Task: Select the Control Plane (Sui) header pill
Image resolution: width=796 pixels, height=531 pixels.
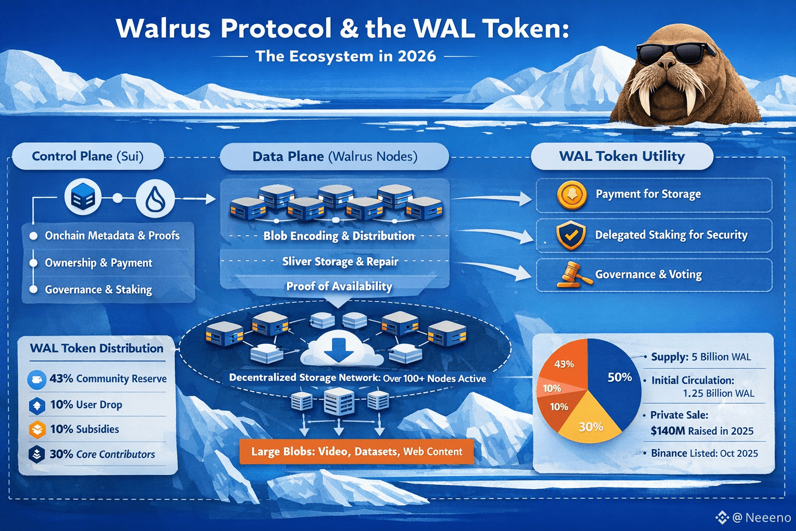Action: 88,157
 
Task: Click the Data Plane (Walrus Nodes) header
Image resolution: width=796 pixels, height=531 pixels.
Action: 334,157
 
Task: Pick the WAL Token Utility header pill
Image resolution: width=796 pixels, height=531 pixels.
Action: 622,157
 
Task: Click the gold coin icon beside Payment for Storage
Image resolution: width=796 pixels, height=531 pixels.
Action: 572,195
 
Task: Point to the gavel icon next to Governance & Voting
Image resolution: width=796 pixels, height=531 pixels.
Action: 573,275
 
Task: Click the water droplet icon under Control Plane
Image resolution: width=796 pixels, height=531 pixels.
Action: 155,199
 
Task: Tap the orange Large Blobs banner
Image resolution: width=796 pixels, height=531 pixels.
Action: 357,452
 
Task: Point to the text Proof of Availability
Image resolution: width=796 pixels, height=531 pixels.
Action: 339,286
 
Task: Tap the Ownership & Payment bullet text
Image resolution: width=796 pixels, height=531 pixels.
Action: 98,263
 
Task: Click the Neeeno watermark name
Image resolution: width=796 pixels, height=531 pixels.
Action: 768,518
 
